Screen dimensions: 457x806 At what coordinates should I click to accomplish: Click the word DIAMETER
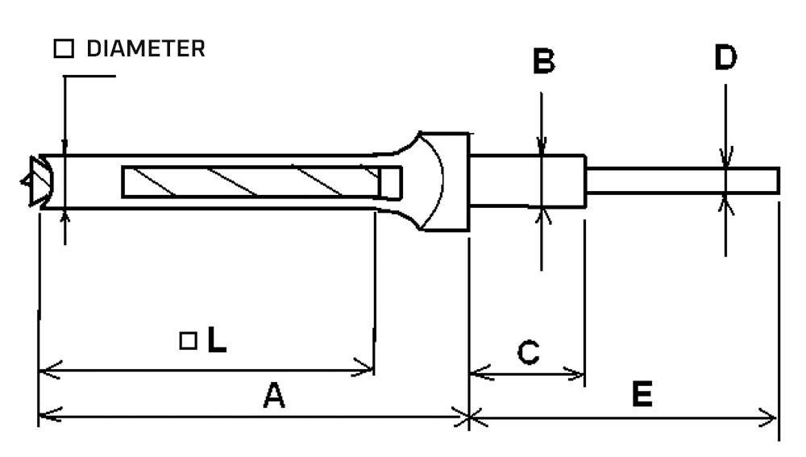[x=145, y=49]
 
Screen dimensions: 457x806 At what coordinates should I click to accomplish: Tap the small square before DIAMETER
[x=63, y=50]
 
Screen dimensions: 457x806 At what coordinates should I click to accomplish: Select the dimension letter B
[x=545, y=62]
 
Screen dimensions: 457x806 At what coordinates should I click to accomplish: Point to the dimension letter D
[x=725, y=58]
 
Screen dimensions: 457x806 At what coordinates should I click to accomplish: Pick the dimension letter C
[x=527, y=352]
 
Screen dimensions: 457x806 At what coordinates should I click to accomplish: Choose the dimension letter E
[x=642, y=395]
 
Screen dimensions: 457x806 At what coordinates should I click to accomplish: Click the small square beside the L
[x=188, y=341]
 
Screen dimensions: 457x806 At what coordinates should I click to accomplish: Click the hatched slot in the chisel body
[x=250, y=181]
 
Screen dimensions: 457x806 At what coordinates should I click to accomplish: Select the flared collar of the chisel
[x=439, y=181]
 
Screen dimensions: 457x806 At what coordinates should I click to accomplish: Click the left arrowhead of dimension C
[x=476, y=373]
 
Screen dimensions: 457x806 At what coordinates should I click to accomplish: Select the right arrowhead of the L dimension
[x=368, y=372]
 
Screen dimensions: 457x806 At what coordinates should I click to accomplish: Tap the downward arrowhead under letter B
[x=542, y=147]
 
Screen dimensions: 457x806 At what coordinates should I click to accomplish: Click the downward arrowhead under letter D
[x=726, y=160]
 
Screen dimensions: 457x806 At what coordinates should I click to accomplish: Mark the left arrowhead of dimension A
[x=45, y=417]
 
